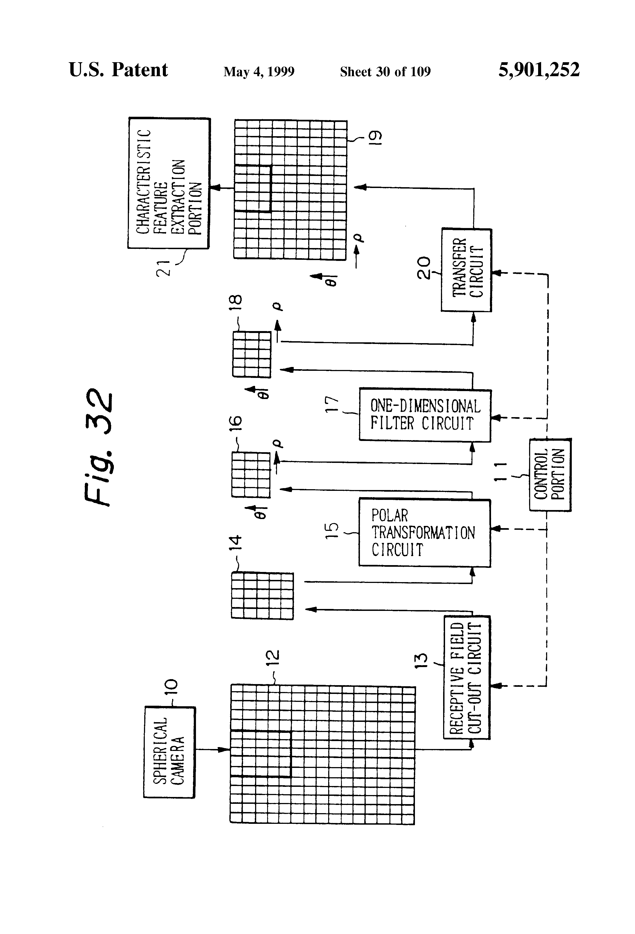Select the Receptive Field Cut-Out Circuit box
(x=467, y=677)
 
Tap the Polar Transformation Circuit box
(x=424, y=533)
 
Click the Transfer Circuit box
(x=466, y=270)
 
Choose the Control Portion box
(x=550, y=475)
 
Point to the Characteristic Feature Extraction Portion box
(x=169, y=183)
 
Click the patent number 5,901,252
(x=539, y=70)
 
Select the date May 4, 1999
(x=259, y=72)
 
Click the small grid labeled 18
(x=252, y=354)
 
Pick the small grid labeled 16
(x=251, y=475)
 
